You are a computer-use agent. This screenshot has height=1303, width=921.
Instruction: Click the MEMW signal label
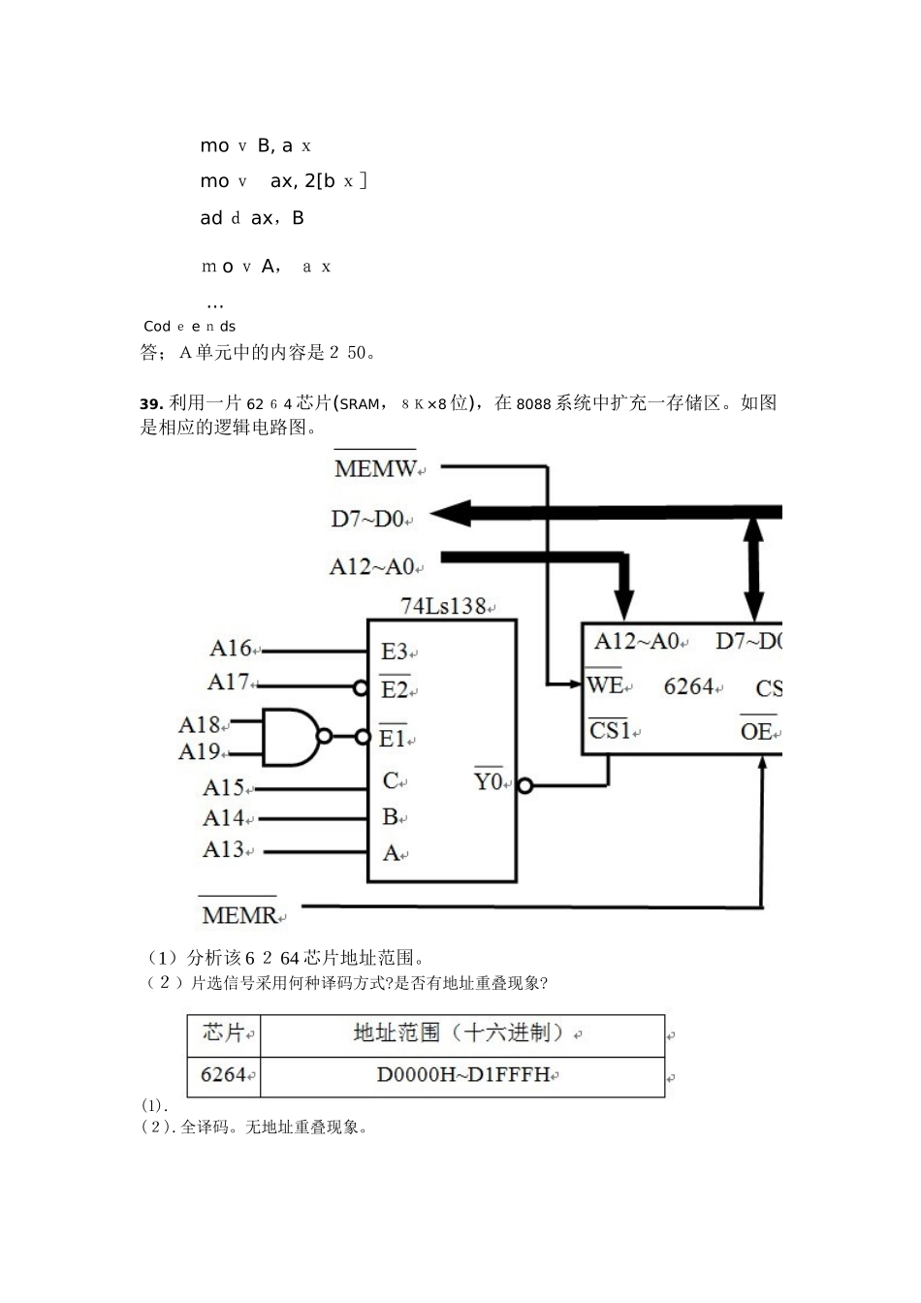point(375,468)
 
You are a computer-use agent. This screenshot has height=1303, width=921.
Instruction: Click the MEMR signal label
point(239,914)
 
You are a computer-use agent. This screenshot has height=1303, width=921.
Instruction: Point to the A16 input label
point(232,649)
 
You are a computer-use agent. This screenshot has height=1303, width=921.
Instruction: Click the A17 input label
point(230,683)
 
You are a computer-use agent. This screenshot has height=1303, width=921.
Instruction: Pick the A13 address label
point(224,850)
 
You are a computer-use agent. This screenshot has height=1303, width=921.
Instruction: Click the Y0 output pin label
point(489,780)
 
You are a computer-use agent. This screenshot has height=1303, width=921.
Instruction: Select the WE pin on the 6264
point(605,685)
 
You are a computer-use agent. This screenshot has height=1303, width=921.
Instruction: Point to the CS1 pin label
point(610,730)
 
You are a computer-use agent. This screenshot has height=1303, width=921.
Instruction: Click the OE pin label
point(756,731)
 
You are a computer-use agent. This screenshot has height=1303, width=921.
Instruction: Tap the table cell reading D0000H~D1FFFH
point(463,1075)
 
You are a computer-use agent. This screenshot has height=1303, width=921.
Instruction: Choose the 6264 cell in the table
point(224,1075)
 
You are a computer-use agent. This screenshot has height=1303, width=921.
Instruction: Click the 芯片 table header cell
point(224,1033)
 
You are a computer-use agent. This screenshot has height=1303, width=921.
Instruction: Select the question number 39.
point(151,403)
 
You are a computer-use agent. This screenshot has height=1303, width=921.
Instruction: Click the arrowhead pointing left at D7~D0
point(448,514)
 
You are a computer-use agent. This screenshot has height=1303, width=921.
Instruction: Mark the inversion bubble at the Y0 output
point(524,785)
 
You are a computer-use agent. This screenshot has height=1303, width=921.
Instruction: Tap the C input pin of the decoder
point(392,781)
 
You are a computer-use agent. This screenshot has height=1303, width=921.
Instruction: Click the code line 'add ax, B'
point(252,218)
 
